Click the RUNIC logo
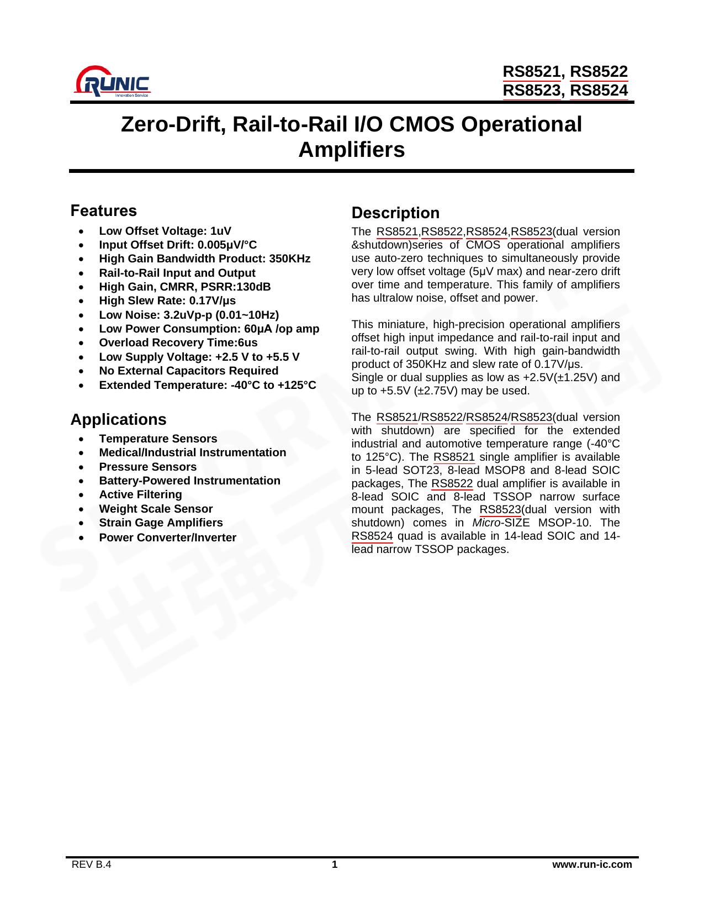tap(112, 82)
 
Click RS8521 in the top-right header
tap(533, 72)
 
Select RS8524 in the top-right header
tap(599, 90)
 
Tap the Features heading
tap(103, 211)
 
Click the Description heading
tap(395, 213)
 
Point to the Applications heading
tap(118, 420)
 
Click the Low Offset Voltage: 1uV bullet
tap(165, 231)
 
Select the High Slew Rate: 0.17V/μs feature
tap(167, 301)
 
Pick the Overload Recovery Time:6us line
tap(178, 343)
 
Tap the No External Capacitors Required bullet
tap(188, 371)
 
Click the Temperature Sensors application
tap(158, 439)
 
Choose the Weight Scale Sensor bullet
tap(156, 509)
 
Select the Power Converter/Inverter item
tap(167, 537)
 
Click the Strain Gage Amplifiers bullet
tap(161, 523)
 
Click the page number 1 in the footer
tap(334, 864)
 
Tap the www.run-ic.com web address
tap(592, 864)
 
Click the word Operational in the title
tap(521, 125)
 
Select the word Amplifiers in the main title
tap(352, 150)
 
